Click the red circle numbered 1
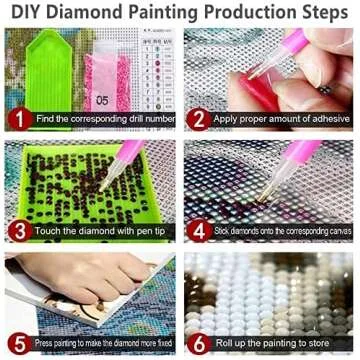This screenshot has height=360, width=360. (17, 117)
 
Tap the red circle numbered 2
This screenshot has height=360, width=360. (197, 117)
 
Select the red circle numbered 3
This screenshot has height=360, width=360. (17, 230)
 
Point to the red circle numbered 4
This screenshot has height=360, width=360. (197, 230)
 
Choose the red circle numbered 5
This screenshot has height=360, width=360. (17, 342)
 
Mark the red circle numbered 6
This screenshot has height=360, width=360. (197, 342)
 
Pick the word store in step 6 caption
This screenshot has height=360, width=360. (318, 343)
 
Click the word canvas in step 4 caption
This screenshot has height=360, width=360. (335, 231)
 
